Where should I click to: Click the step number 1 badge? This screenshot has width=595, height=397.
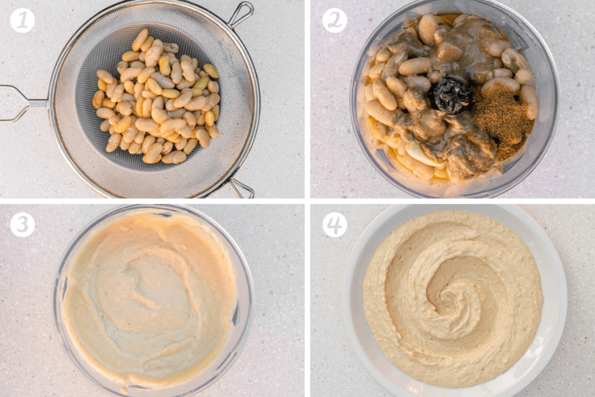click(x=22, y=20)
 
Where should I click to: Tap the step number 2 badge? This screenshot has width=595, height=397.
click(x=335, y=20)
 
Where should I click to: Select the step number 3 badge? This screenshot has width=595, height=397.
click(x=22, y=225)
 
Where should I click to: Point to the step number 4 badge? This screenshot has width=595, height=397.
click(x=335, y=225)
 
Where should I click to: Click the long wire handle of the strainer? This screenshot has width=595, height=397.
click(x=23, y=102)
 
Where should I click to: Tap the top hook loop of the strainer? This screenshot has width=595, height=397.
click(x=240, y=13)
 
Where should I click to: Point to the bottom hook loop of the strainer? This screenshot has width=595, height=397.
click(x=241, y=187)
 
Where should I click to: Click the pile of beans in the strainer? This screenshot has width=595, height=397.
click(x=155, y=101)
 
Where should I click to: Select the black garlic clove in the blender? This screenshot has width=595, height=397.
click(x=452, y=95)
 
